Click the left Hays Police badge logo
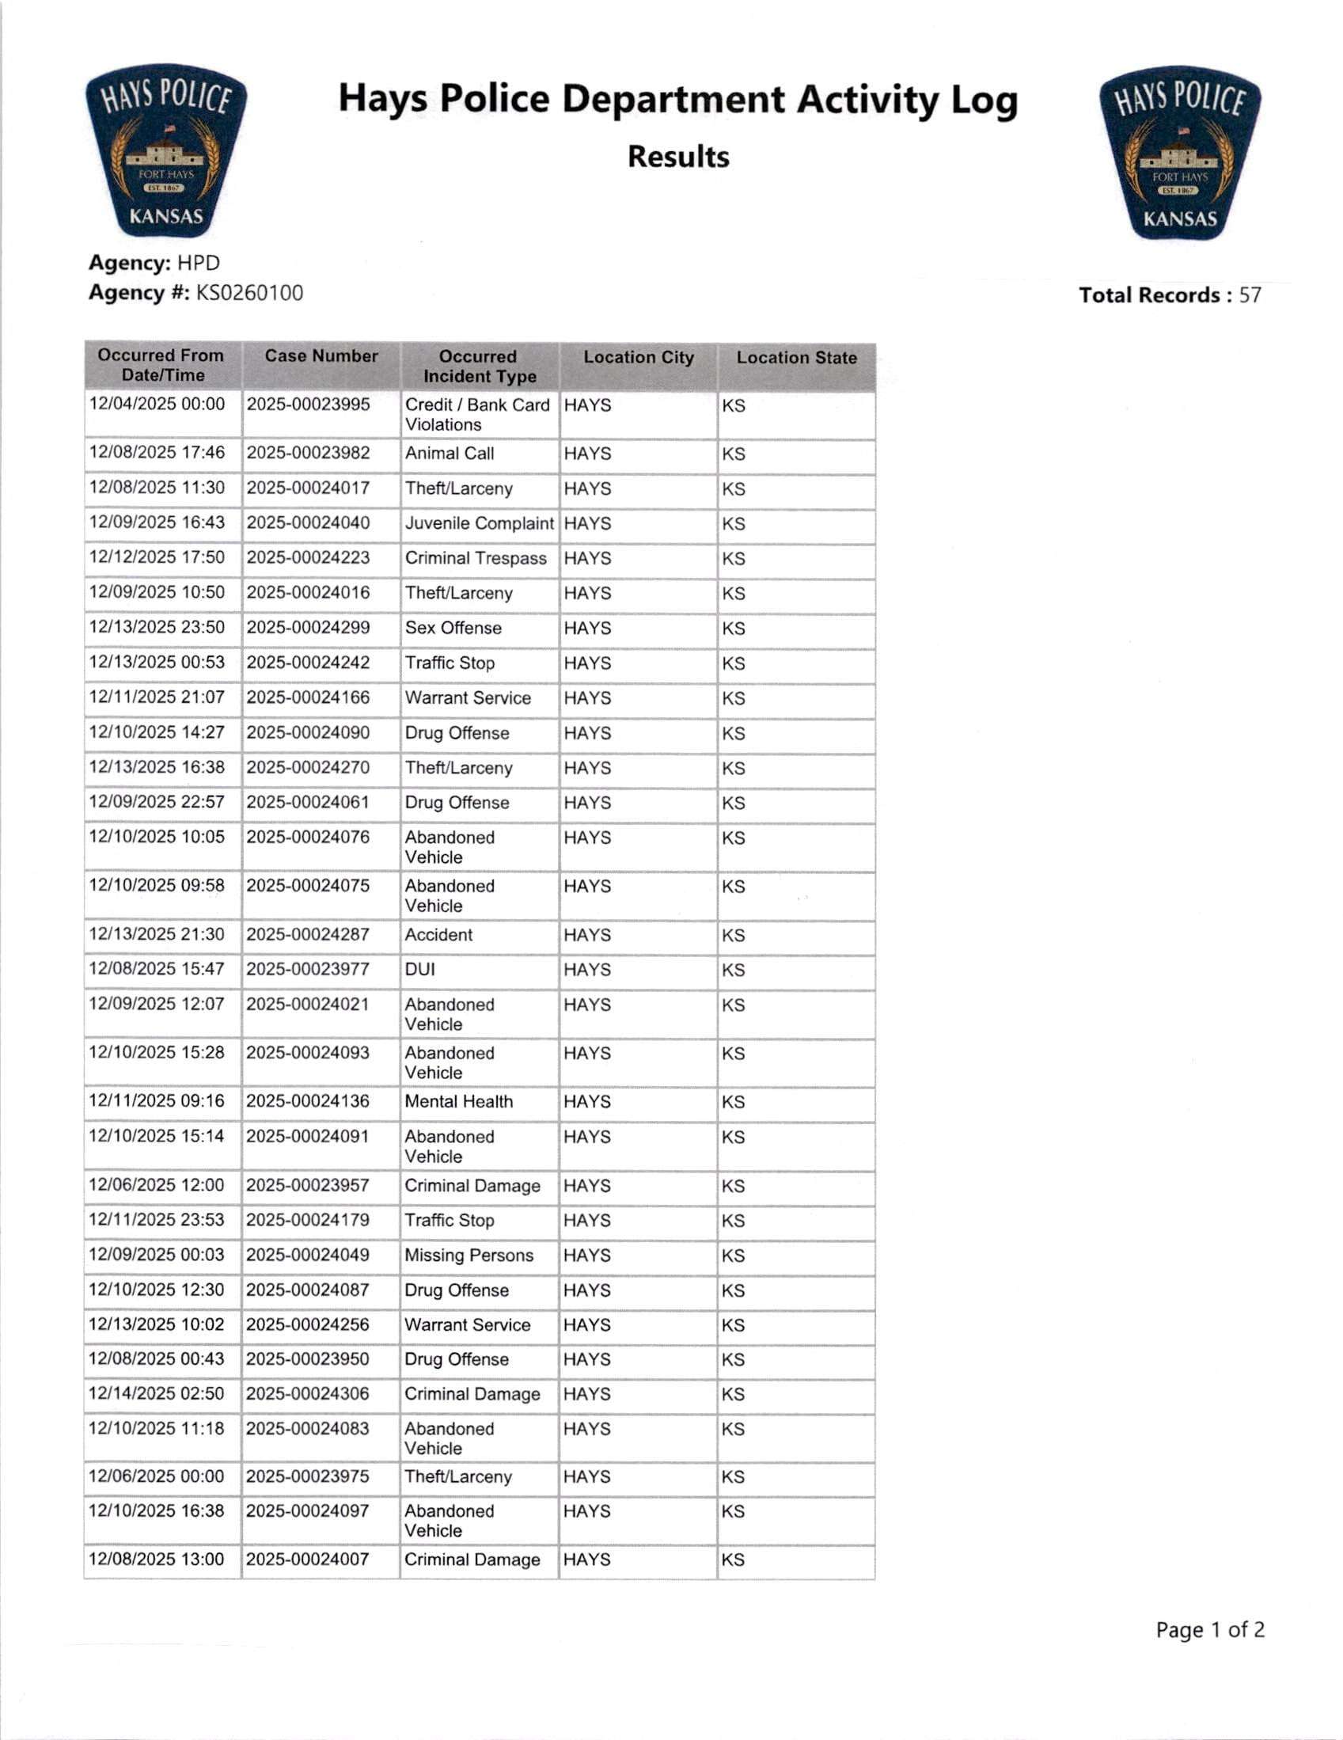tap(165, 151)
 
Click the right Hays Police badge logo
tap(1180, 154)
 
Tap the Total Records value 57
tap(1250, 295)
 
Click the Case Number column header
tap(321, 356)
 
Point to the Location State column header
tap(796, 358)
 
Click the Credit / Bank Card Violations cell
tap(477, 414)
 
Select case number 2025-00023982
tap(309, 454)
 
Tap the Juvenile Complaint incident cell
tap(479, 523)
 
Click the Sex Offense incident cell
tap(453, 628)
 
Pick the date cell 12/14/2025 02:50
tap(157, 1393)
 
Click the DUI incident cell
tap(419, 970)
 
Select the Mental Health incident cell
tap(459, 1101)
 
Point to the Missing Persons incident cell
tap(469, 1255)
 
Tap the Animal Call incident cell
tap(450, 454)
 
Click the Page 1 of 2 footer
tap(1209, 1630)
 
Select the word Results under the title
tap(678, 157)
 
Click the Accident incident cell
tap(438, 935)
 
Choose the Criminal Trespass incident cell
tap(476, 558)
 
